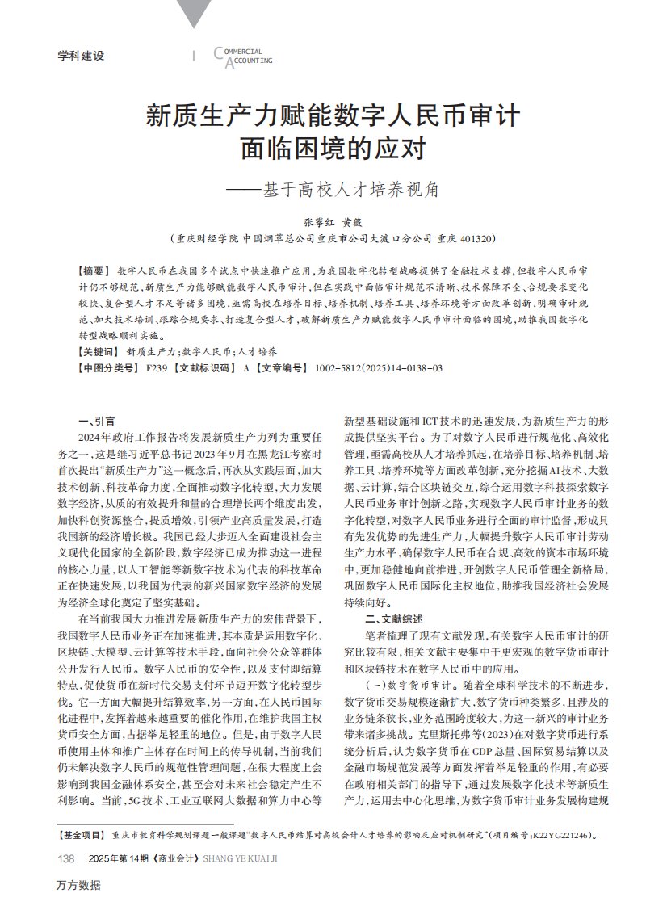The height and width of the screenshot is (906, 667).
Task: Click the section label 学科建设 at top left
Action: coord(82,57)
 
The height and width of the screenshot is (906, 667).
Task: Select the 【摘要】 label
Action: coord(94,268)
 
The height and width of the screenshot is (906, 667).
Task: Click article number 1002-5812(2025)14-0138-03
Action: coord(379,368)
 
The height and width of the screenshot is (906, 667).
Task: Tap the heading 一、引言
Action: coord(95,421)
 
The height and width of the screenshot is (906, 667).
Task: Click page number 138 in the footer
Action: coord(67,857)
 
